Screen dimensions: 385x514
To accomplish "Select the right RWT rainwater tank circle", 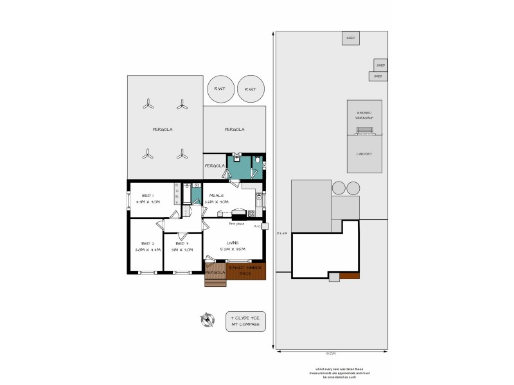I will click(250, 89).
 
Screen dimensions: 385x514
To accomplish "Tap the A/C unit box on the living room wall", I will click(265, 226).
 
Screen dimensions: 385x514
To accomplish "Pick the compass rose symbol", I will click(208, 320).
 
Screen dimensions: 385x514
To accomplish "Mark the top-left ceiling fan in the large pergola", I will click(148, 104).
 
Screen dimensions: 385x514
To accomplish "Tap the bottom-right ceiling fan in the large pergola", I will click(182, 154).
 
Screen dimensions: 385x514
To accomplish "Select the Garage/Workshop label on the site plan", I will click(364, 116).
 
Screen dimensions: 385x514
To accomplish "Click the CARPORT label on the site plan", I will click(364, 154).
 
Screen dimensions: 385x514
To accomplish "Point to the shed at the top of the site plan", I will click(350, 38).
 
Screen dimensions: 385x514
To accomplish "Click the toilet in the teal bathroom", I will click(257, 160).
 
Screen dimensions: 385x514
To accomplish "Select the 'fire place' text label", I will click(219, 224).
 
